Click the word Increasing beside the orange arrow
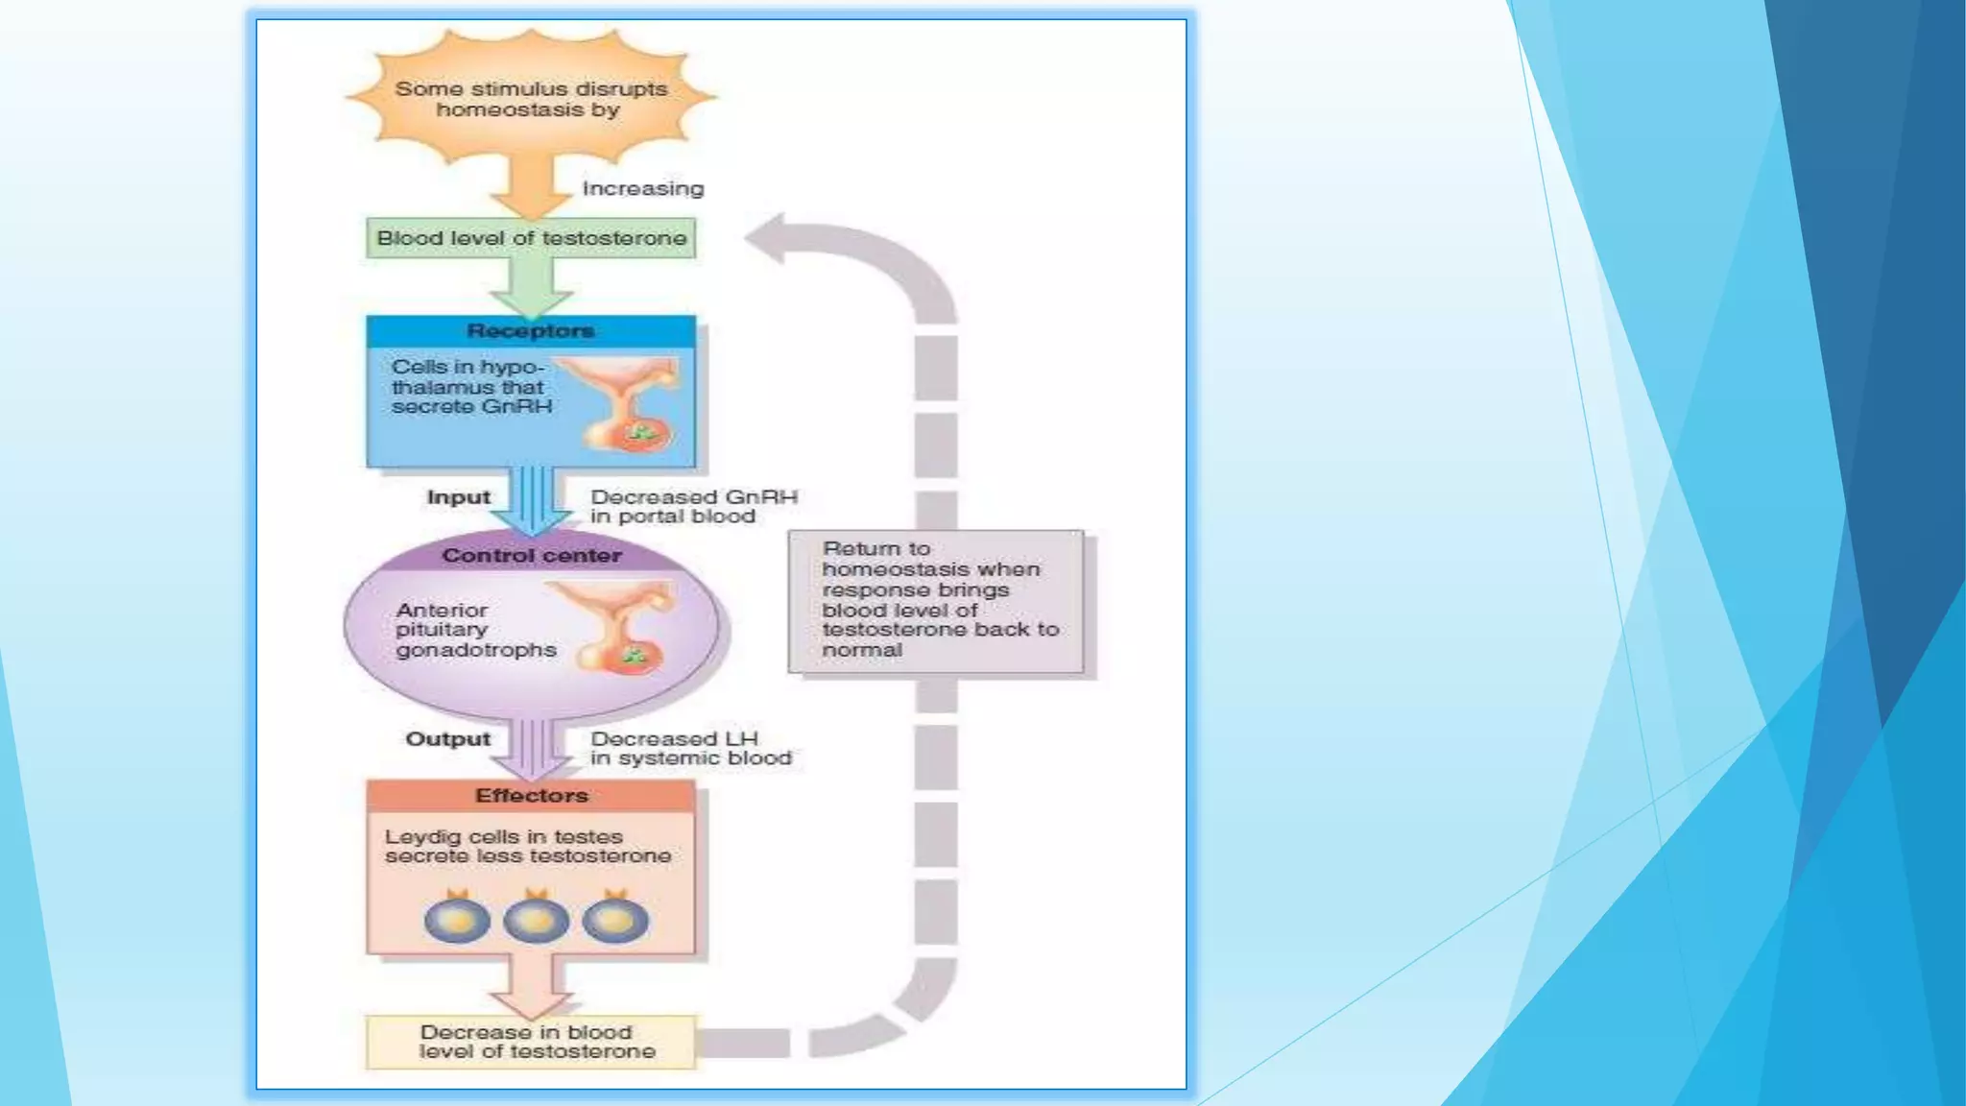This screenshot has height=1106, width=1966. point(642,189)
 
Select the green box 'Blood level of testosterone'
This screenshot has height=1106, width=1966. point(531,238)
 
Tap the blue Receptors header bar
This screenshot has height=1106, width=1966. point(531,331)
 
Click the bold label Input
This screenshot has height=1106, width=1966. point(458,497)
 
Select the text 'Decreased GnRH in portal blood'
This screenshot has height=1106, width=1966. point(692,507)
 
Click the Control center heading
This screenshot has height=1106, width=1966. point(531,556)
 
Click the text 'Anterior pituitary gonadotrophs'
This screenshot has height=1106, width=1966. point(474,630)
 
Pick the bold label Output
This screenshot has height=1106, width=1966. point(447,739)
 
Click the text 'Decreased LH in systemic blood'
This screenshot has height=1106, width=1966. point(689,749)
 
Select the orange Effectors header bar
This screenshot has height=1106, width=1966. point(531,796)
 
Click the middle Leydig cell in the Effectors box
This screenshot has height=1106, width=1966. point(536,919)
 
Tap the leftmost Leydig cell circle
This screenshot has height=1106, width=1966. point(457,919)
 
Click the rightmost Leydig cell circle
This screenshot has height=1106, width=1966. point(615,919)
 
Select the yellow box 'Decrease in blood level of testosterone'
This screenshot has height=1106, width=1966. point(531,1043)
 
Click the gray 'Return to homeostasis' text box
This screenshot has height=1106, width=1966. point(936,601)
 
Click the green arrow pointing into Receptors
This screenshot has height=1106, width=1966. point(531,289)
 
